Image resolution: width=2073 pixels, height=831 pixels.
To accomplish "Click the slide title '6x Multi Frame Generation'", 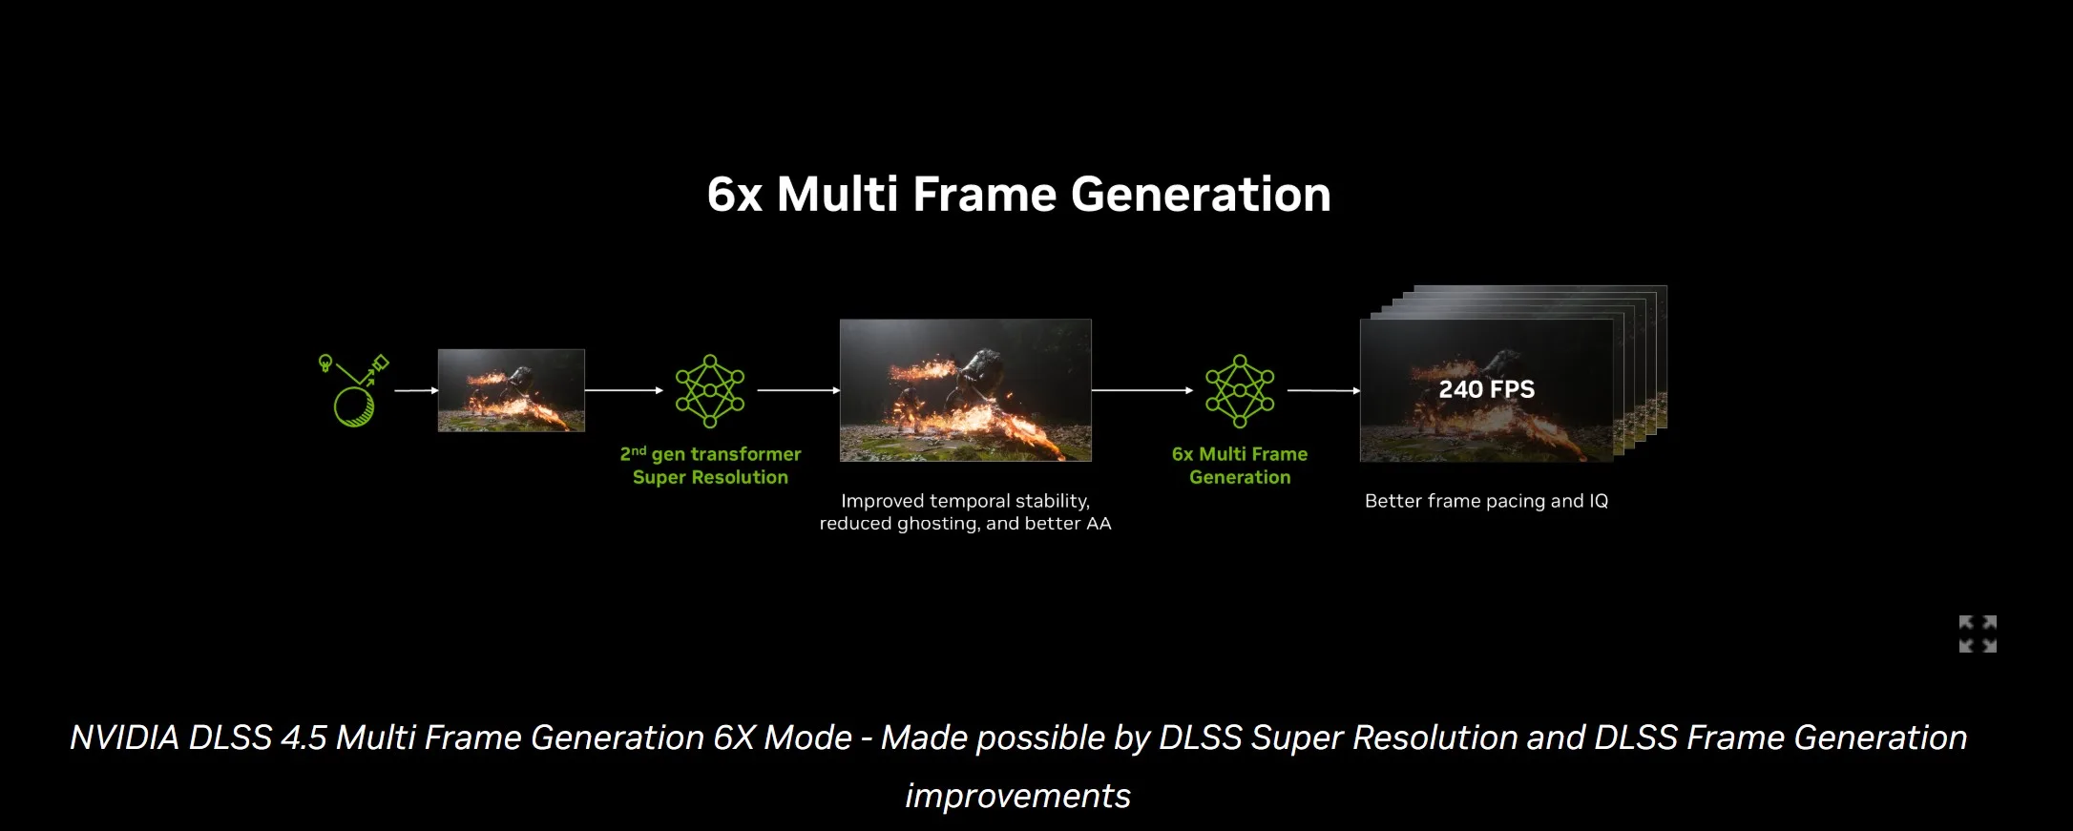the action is [x=1018, y=195].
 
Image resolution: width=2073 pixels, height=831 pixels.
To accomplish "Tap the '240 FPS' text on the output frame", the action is [x=1486, y=389].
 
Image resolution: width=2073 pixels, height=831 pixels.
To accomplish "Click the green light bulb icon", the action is [x=325, y=363].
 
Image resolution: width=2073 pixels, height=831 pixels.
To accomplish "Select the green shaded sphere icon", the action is [x=354, y=406].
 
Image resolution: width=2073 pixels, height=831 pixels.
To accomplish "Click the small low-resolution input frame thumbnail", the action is [x=511, y=390].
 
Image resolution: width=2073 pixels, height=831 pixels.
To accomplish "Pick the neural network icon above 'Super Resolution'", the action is [x=710, y=391].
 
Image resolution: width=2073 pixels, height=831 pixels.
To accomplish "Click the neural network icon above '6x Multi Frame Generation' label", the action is [x=1240, y=391].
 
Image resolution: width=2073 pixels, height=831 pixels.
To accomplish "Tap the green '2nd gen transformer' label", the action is [x=710, y=454].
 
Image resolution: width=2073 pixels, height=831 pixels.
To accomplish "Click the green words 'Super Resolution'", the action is [x=710, y=477].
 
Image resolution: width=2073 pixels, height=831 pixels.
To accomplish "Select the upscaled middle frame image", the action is [x=965, y=390].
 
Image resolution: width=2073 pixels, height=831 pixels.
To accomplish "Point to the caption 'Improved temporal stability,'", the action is [x=965, y=501].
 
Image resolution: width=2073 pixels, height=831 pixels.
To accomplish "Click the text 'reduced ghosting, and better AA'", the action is [x=965, y=524].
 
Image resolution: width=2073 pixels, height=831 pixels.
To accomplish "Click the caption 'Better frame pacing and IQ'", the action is [x=1486, y=501].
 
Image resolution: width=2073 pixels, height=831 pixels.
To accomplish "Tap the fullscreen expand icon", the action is [x=1978, y=634].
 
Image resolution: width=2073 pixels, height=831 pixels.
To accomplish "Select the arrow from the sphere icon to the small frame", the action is [x=416, y=390].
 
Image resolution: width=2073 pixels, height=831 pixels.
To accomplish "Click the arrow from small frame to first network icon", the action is [x=624, y=390].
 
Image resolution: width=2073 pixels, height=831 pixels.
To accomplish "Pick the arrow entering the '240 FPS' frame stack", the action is [x=1324, y=390].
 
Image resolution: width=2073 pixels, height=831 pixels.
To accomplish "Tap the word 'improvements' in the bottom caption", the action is [x=1017, y=796].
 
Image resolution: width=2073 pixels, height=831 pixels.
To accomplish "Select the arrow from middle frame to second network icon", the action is [x=1142, y=390].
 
